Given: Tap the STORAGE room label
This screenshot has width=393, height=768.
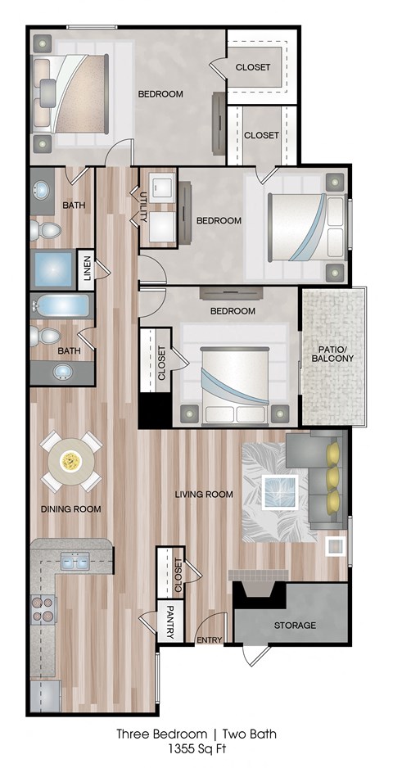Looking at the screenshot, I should click(x=294, y=625).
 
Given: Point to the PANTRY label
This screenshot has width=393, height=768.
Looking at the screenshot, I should click(x=170, y=615).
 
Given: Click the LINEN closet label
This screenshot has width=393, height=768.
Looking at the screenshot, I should click(x=86, y=269).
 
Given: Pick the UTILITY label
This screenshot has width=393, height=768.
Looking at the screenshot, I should click(x=143, y=206).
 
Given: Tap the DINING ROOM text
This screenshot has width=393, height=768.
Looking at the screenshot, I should click(x=70, y=508).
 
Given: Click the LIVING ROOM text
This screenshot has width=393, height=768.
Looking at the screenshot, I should click(x=204, y=494).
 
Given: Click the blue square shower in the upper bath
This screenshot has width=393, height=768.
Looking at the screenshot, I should click(x=52, y=268).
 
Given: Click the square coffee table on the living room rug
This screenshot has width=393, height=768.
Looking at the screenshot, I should click(x=279, y=491).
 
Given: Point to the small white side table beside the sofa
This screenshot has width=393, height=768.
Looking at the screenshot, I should click(x=335, y=545).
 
